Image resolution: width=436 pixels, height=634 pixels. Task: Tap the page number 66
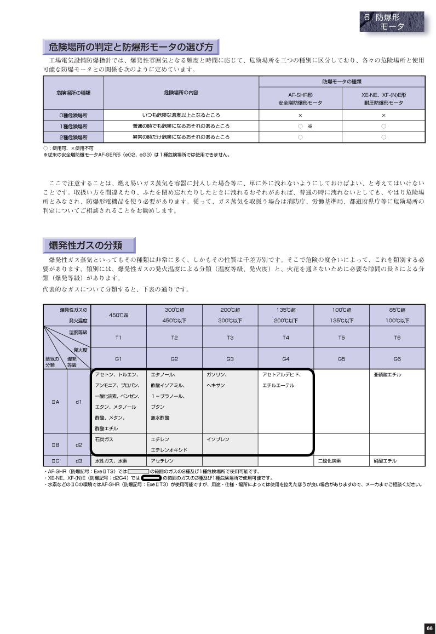(x=429, y=627)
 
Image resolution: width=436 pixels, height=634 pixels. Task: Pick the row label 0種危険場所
(x=73, y=116)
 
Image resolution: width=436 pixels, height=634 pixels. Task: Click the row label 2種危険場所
(x=73, y=137)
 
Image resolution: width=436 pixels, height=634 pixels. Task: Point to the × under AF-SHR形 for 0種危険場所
(x=300, y=116)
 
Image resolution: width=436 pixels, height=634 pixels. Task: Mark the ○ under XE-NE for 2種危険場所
(x=383, y=137)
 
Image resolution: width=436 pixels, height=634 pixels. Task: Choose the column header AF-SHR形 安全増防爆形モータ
(x=300, y=98)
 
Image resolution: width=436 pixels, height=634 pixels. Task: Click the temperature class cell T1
(x=118, y=338)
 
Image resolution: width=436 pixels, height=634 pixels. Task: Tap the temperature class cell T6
(x=397, y=338)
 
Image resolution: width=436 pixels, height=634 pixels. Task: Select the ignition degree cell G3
(x=230, y=359)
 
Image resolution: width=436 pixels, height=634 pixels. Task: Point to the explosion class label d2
(x=78, y=444)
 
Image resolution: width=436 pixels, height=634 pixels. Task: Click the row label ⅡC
(x=55, y=461)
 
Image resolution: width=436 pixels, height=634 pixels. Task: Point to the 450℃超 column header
(x=118, y=315)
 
